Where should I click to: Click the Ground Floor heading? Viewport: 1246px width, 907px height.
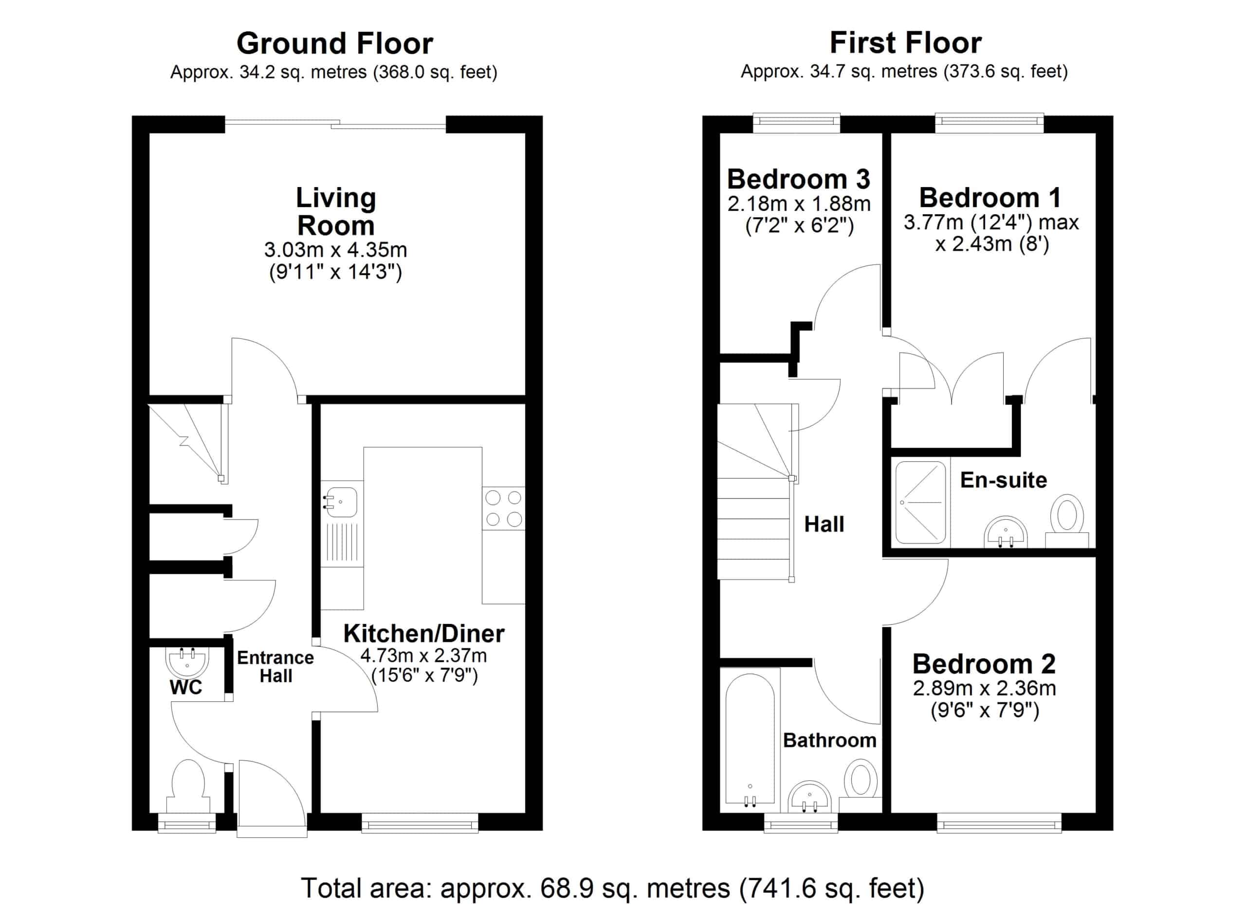tap(334, 43)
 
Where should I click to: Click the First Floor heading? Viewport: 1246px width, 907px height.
tap(905, 43)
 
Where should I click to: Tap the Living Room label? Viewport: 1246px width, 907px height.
tap(336, 211)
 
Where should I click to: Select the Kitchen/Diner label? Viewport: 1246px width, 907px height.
tap(423, 634)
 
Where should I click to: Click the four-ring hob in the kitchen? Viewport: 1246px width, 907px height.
tap(503, 509)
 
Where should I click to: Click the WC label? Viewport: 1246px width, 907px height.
tap(186, 688)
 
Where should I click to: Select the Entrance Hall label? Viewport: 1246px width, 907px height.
tap(275, 667)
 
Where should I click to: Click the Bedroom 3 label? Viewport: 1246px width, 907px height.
tap(799, 179)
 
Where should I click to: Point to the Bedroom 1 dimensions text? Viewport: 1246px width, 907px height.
tap(991, 233)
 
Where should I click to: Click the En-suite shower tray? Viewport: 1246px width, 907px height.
tap(921, 502)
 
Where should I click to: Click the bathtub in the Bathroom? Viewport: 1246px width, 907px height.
tap(750, 739)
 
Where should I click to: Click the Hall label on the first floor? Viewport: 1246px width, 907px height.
tap(824, 525)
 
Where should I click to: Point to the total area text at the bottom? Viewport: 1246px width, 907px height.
tap(613, 888)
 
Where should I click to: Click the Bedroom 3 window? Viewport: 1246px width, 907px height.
tap(796, 123)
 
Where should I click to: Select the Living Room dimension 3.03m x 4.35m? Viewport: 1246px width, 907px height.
tap(336, 250)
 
